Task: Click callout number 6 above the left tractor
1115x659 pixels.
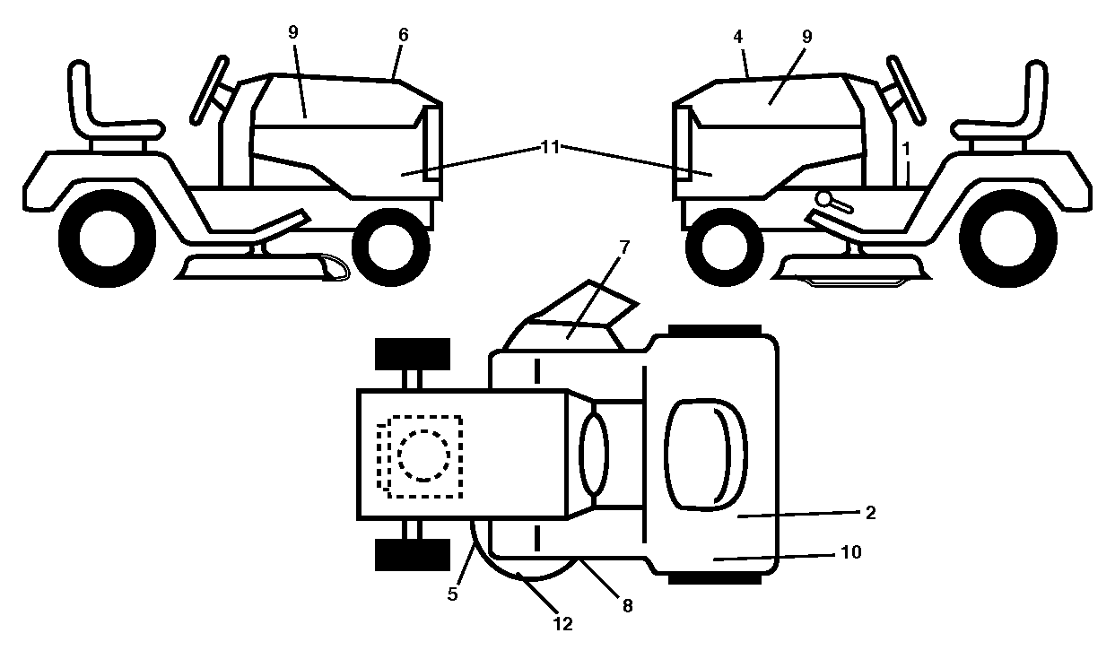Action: (x=403, y=35)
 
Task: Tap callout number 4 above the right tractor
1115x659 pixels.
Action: (x=737, y=36)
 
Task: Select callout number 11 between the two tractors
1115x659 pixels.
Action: (x=550, y=147)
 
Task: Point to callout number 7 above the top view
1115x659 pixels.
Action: (x=624, y=247)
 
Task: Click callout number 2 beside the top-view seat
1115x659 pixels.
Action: (x=871, y=513)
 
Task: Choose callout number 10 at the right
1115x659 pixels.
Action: (x=851, y=552)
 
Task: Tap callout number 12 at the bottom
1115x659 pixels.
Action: (x=563, y=624)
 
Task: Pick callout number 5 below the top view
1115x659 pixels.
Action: (x=452, y=594)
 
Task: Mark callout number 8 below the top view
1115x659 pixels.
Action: (x=627, y=606)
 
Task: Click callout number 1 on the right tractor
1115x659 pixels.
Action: (x=906, y=149)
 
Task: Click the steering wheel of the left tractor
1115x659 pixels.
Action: (x=209, y=90)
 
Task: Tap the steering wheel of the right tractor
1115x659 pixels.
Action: (x=906, y=90)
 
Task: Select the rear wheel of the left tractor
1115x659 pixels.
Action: (x=107, y=238)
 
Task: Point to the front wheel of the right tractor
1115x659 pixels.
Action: (x=724, y=247)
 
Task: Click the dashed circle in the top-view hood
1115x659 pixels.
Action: (x=423, y=455)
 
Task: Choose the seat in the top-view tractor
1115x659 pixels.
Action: (x=706, y=454)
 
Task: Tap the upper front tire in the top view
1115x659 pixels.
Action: (x=412, y=354)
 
